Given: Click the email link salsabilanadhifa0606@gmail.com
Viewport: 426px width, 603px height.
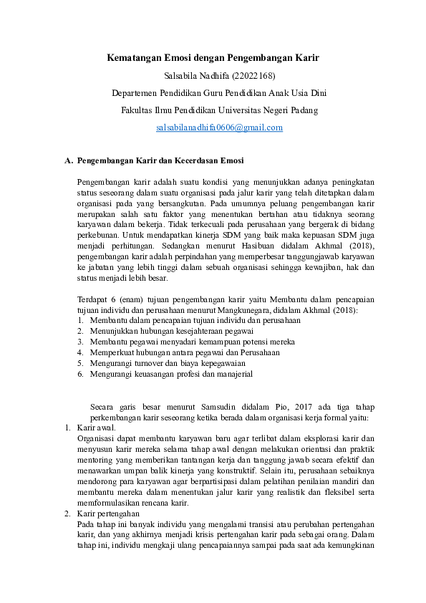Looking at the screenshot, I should [x=220, y=127].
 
